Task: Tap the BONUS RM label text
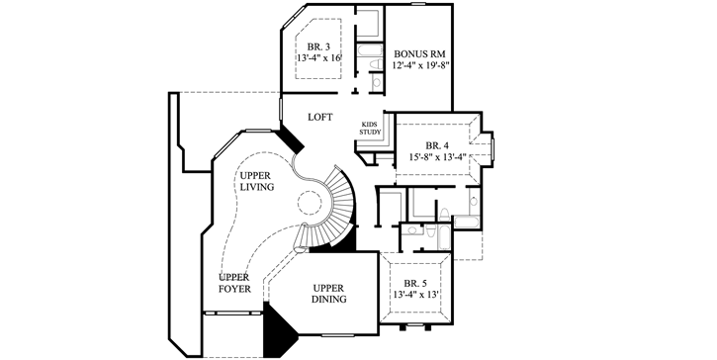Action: click(418, 53)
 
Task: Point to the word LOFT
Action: click(319, 116)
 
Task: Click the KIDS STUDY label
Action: click(369, 130)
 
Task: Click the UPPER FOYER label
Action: click(233, 283)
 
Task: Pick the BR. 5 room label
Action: click(416, 282)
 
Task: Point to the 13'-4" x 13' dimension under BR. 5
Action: click(416, 294)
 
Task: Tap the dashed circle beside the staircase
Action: click(313, 205)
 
